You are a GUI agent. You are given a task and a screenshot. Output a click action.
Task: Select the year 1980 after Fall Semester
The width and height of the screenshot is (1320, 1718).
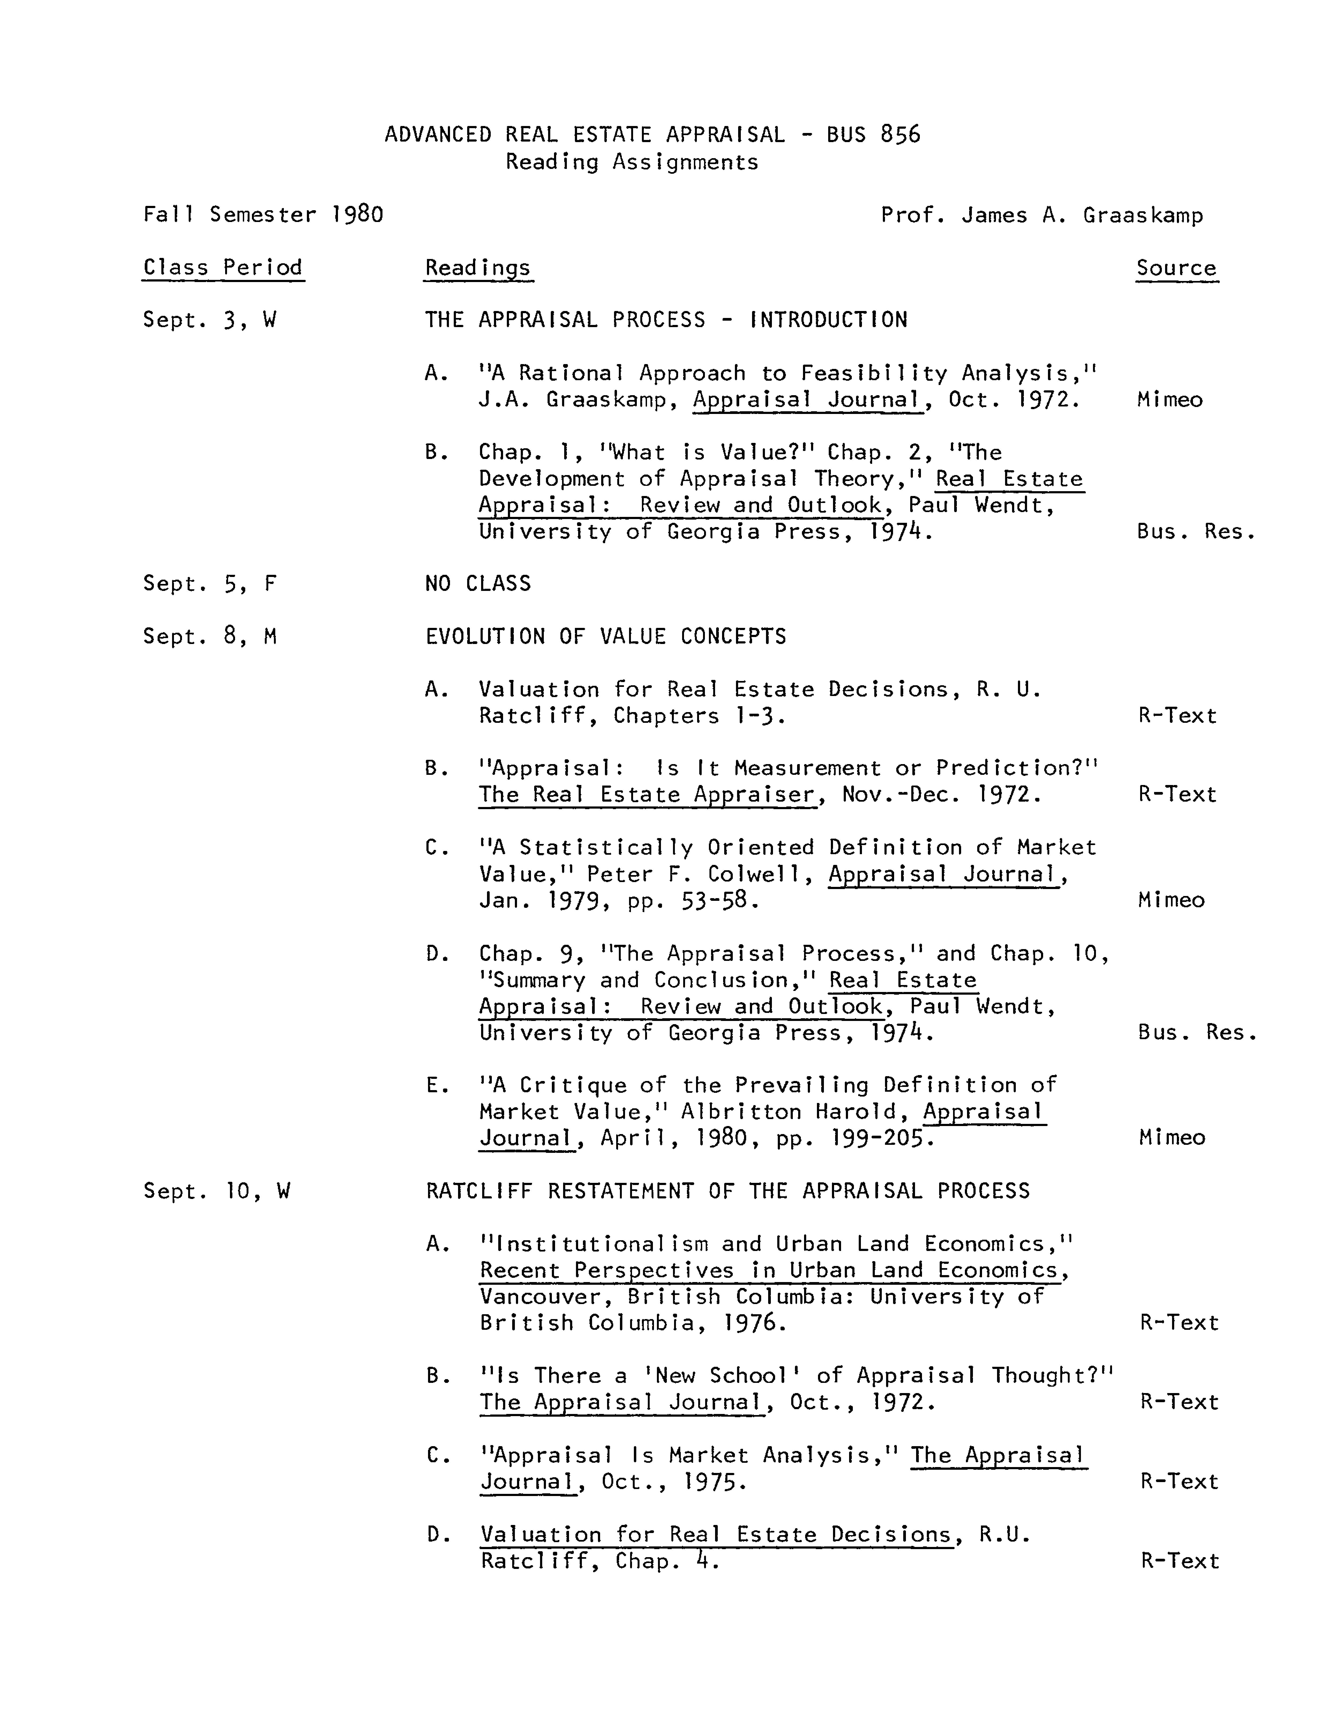coord(358,214)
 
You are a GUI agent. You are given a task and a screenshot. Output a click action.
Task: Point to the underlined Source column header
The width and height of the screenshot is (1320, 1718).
coord(1176,268)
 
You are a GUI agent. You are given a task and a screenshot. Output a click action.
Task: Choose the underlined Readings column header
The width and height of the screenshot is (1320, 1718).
coord(478,268)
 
